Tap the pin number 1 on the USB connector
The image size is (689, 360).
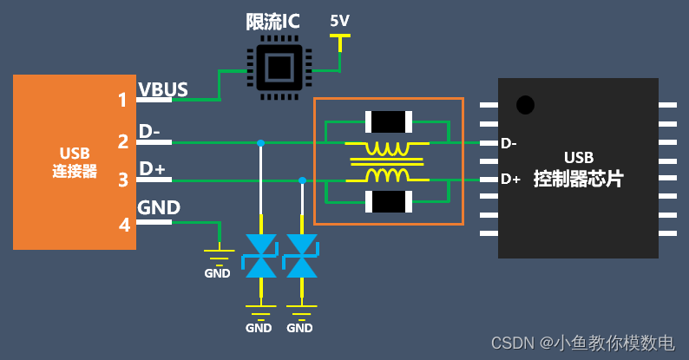click(x=123, y=100)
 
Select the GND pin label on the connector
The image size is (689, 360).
click(x=159, y=207)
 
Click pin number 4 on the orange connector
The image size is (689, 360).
click(x=124, y=226)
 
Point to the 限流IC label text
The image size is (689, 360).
click(x=272, y=22)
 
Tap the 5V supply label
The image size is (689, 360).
click(x=341, y=20)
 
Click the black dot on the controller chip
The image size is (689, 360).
click(x=525, y=105)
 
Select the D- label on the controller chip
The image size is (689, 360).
click(x=509, y=143)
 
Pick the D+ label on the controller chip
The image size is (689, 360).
click(x=510, y=180)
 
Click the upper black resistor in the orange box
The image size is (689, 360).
click(x=388, y=121)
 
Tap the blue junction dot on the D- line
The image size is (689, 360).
click(x=260, y=142)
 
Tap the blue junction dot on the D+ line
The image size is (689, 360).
click(x=302, y=180)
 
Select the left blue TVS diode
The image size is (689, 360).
click(x=260, y=255)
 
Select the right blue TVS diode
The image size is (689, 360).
click(x=301, y=255)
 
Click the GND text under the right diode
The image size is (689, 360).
click(x=299, y=328)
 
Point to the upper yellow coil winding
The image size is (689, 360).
click(x=387, y=149)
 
